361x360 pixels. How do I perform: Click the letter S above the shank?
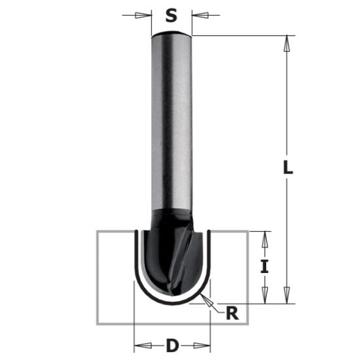pos(171,14)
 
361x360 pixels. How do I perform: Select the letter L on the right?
pos(288,168)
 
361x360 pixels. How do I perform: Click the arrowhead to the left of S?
pos(145,14)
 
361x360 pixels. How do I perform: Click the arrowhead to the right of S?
pos(197,14)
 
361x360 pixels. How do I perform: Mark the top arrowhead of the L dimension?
pos(286,42)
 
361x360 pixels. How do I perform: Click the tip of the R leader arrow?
pos(204,297)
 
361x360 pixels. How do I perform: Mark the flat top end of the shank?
pos(171,35)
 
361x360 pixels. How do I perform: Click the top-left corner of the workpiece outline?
pos(97,231)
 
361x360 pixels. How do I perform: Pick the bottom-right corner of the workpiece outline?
pos(249,324)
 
